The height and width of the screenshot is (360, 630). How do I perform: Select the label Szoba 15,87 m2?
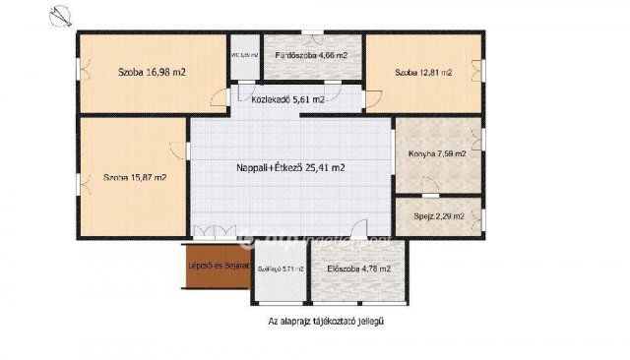click(x=135, y=178)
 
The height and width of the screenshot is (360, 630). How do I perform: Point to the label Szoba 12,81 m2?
click(x=423, y=73)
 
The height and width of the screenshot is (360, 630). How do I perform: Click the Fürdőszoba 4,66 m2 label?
click(x=311, y=56)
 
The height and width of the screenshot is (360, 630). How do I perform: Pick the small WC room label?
click(x=243, y=55)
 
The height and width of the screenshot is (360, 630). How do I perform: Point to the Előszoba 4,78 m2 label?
click(x=359, y=269)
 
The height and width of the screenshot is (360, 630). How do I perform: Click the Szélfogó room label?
click(x=280, y=269)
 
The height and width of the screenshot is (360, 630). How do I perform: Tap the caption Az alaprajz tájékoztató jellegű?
click(x=325, y=321)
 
